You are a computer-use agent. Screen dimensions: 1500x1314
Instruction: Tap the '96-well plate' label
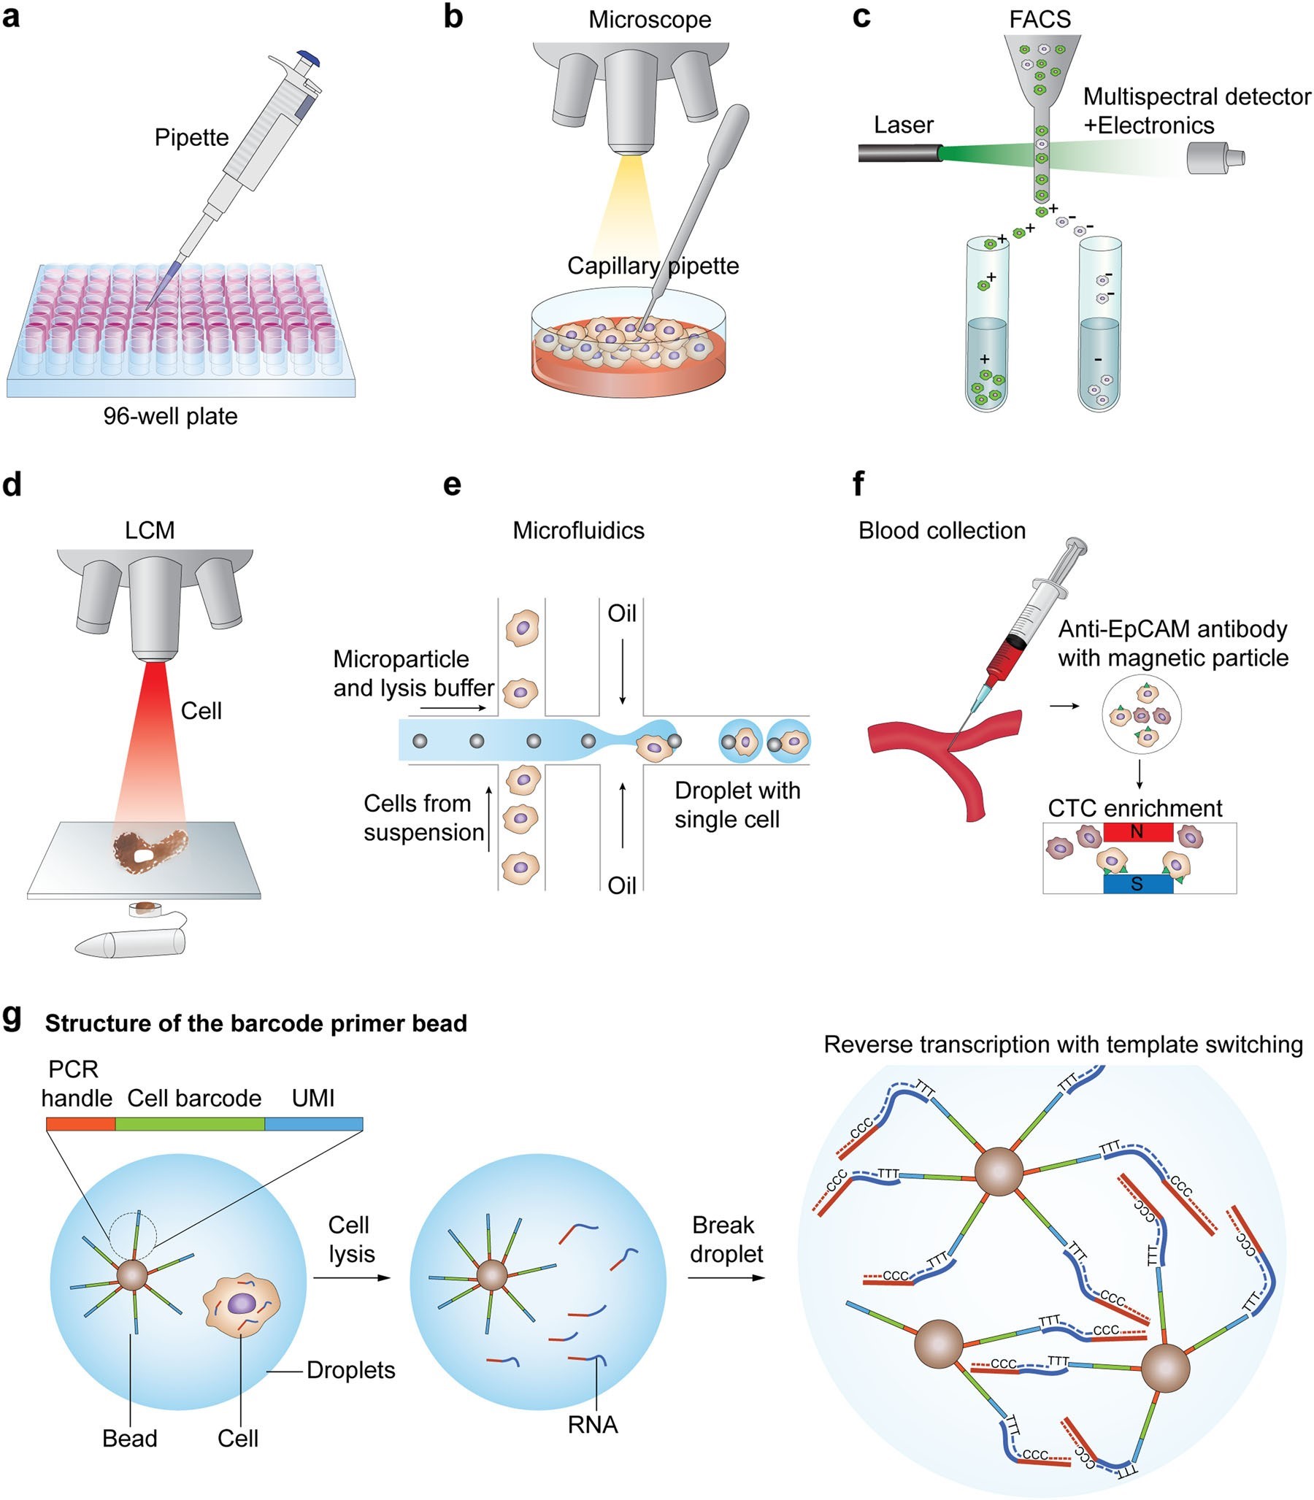coord(170,416)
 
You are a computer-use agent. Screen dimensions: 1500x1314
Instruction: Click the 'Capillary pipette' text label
coord(653,266)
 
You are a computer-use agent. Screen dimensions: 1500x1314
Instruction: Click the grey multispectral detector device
coord(1213,158)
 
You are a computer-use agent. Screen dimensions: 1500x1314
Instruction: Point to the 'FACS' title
coord(1039,19)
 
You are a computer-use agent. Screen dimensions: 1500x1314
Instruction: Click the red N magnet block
coord(1137,831)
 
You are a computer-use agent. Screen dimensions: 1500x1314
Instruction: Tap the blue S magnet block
coord(1137,884)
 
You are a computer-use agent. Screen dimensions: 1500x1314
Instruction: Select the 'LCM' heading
coord(150,530)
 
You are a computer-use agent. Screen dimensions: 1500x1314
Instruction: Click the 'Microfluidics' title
coord(578,530)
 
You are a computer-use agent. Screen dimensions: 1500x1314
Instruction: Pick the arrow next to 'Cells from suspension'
coord(489,818)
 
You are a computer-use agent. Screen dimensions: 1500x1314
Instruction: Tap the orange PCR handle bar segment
coord(80,1124)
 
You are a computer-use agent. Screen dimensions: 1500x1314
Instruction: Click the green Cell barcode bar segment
coord(190,1124)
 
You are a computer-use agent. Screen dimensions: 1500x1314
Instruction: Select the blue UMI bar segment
coord(313,1124)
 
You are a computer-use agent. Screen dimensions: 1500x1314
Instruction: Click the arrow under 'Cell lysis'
coord(351,1278)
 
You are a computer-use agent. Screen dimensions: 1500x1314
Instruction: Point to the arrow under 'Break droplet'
coord(725,1278)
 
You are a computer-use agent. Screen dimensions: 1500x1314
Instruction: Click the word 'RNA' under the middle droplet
coord(593,1425)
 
